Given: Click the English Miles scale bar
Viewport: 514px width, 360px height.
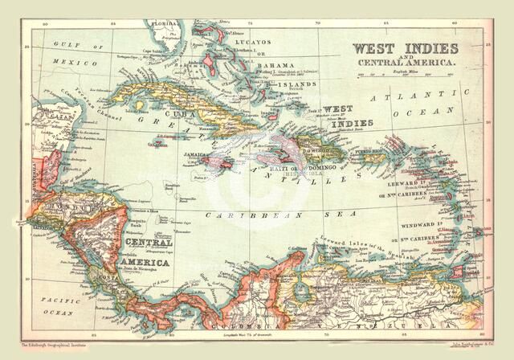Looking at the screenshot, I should click(x=395, y=77).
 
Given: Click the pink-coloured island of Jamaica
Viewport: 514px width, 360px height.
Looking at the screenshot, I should click(x=214, y=162).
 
